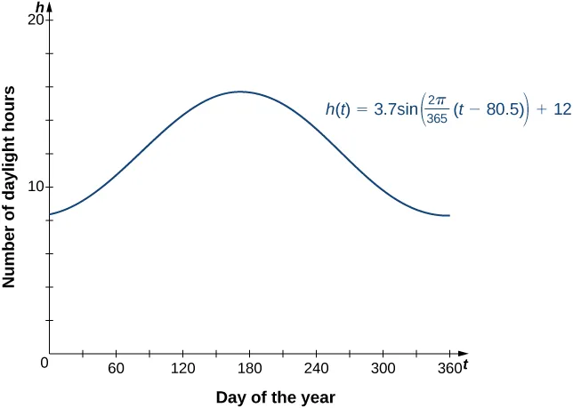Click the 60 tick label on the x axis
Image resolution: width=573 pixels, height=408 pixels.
(116, 368)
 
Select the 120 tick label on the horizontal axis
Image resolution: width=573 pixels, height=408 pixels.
(182, 368)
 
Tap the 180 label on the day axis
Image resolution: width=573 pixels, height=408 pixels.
(249, 368)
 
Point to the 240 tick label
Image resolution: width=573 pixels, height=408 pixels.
(316, 368)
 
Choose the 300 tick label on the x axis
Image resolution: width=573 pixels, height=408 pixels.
(383, 368)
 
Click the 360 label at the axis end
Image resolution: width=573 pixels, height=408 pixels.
(448, 368)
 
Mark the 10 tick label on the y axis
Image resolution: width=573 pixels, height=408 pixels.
(36, 187)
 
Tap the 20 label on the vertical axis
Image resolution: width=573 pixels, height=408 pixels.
(36, 20)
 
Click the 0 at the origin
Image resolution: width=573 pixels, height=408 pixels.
(44, 363)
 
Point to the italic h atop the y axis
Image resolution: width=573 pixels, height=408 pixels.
(39, 7)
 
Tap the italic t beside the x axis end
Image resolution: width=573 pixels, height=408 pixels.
(464, 365)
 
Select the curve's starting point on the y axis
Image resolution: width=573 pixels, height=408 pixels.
(50, 214)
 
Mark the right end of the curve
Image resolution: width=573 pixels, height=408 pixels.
(449, 216)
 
